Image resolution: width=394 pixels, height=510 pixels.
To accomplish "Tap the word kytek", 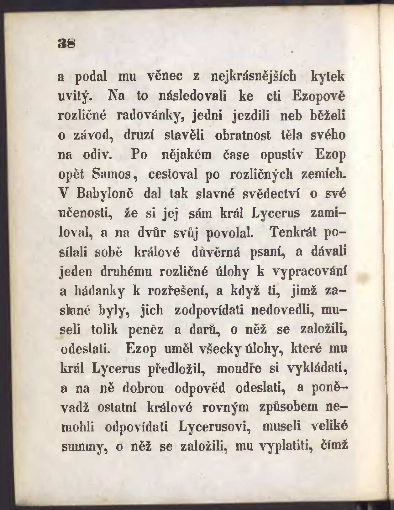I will click(327, 77).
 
